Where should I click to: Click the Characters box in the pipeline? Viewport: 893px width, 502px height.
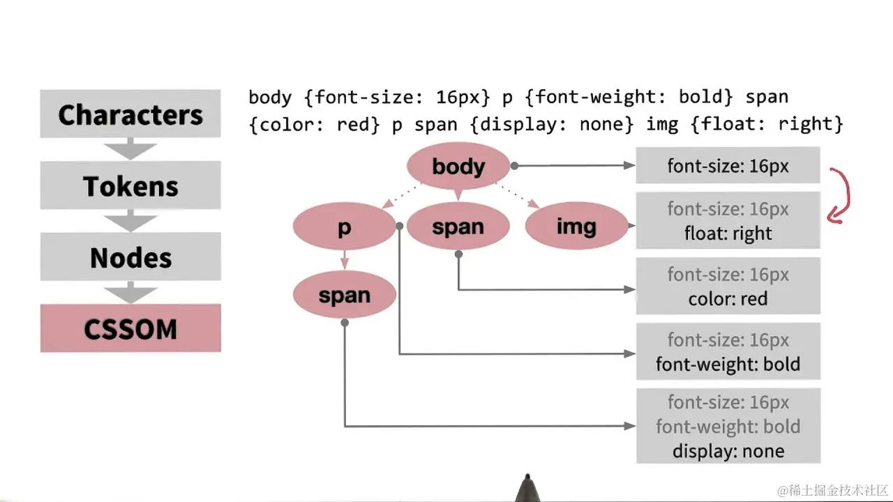tap(130, 114)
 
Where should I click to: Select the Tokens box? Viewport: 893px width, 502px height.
tap(130, 185)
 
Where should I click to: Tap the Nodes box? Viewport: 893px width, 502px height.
tap(130, 257)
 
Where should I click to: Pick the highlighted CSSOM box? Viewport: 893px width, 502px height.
tap(130, 328)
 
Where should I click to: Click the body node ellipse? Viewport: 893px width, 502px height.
tap(458, 166)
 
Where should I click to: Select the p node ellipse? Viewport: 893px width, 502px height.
tap(344, 227)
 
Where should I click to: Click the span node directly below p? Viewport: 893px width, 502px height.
tap(344, 295)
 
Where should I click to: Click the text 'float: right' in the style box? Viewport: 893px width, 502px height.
tap(728, 233)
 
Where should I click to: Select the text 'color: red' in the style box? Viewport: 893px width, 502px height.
tap(728, 298)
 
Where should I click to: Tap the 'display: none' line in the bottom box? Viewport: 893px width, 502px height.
tap(728, 450)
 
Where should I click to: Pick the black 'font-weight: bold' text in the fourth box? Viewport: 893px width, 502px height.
tap(728, 364)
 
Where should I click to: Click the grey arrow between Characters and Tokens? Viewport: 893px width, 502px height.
tap(130, 148)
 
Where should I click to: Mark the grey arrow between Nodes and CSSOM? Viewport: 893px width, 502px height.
tap(130, 292)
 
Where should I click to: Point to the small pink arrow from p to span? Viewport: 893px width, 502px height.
tap(344, 261)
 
